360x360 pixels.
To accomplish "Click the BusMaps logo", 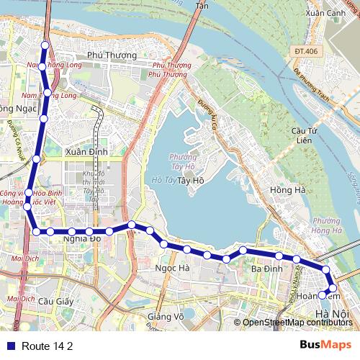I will point(325,345).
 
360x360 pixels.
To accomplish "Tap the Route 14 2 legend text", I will point(48,346).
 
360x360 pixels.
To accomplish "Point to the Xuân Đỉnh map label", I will point(86,152).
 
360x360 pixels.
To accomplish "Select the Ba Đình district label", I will point(266,269).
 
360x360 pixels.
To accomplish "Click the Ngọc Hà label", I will point(172,268).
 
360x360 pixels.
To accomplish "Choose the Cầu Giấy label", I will point(56,301).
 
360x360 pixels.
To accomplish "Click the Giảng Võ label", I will point(165,316).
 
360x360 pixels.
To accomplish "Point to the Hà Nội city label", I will point(332,315).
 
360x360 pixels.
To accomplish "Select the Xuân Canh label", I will point(325,13).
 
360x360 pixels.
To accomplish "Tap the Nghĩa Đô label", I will point(81,238).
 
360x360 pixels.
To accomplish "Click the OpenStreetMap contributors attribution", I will point(297,322).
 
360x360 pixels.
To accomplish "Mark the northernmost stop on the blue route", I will point(45,46).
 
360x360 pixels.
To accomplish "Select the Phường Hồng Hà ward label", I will point(327,226).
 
